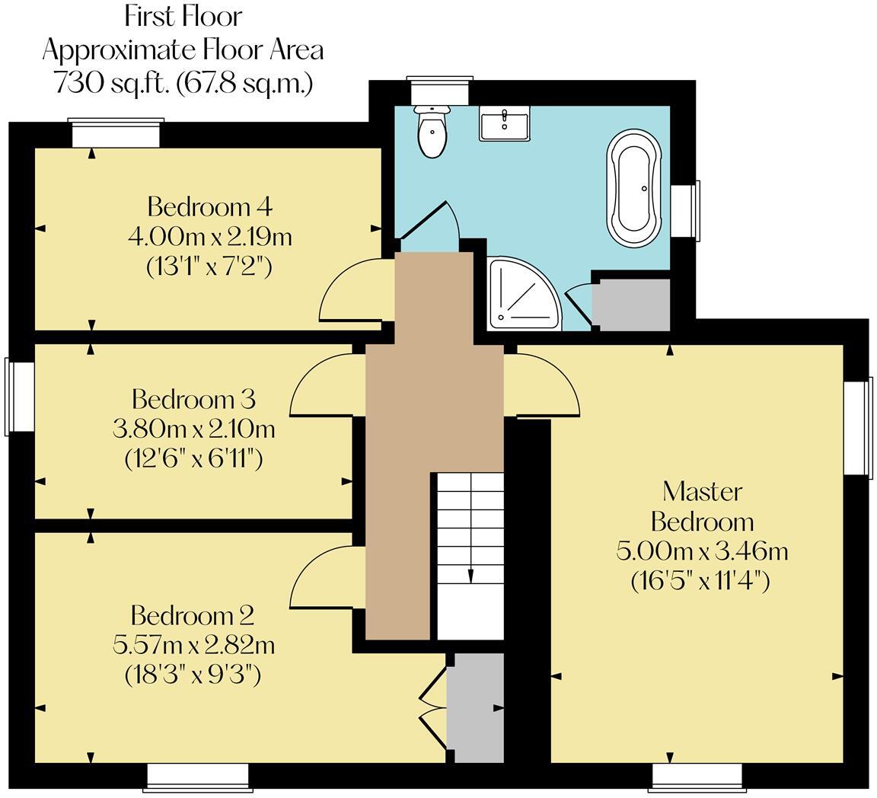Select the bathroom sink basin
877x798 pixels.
coord(504,123)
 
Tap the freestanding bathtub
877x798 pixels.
coord(633,188)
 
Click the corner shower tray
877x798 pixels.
coord(521,294)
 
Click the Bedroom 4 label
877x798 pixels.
coord(209,206)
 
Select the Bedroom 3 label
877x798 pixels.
coord(193,399)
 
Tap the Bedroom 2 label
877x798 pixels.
coord(193,615)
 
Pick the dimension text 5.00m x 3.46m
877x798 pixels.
coord(701,551)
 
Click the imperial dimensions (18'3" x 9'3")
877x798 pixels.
coord(193,675)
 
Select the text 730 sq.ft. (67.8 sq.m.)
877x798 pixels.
coord(183,82)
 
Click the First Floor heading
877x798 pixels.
coord(183,16)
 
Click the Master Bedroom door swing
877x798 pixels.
coord(544,385)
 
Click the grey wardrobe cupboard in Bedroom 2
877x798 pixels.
coord(474,707)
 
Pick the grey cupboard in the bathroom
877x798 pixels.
coord(630,305)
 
